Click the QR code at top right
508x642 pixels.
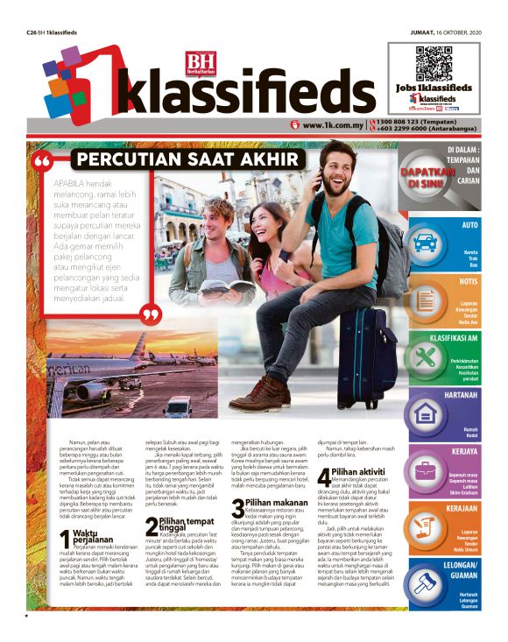434,60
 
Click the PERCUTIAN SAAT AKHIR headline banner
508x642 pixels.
157,159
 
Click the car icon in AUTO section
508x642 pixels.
425,243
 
